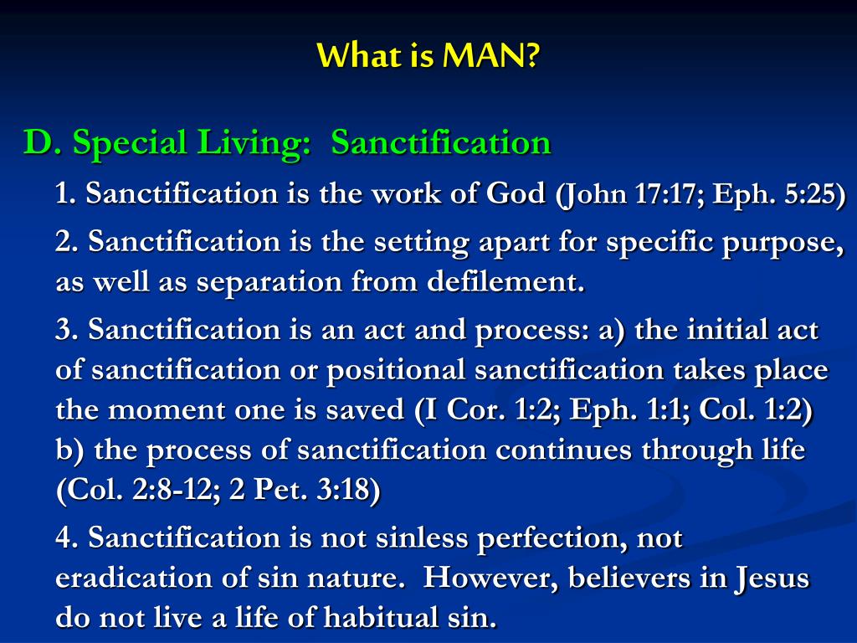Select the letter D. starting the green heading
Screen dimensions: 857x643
coord(43,142)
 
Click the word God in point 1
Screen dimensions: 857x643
coord(516,193)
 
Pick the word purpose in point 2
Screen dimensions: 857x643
coord(781,243)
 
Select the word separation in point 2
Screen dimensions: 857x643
coord(268,283)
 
